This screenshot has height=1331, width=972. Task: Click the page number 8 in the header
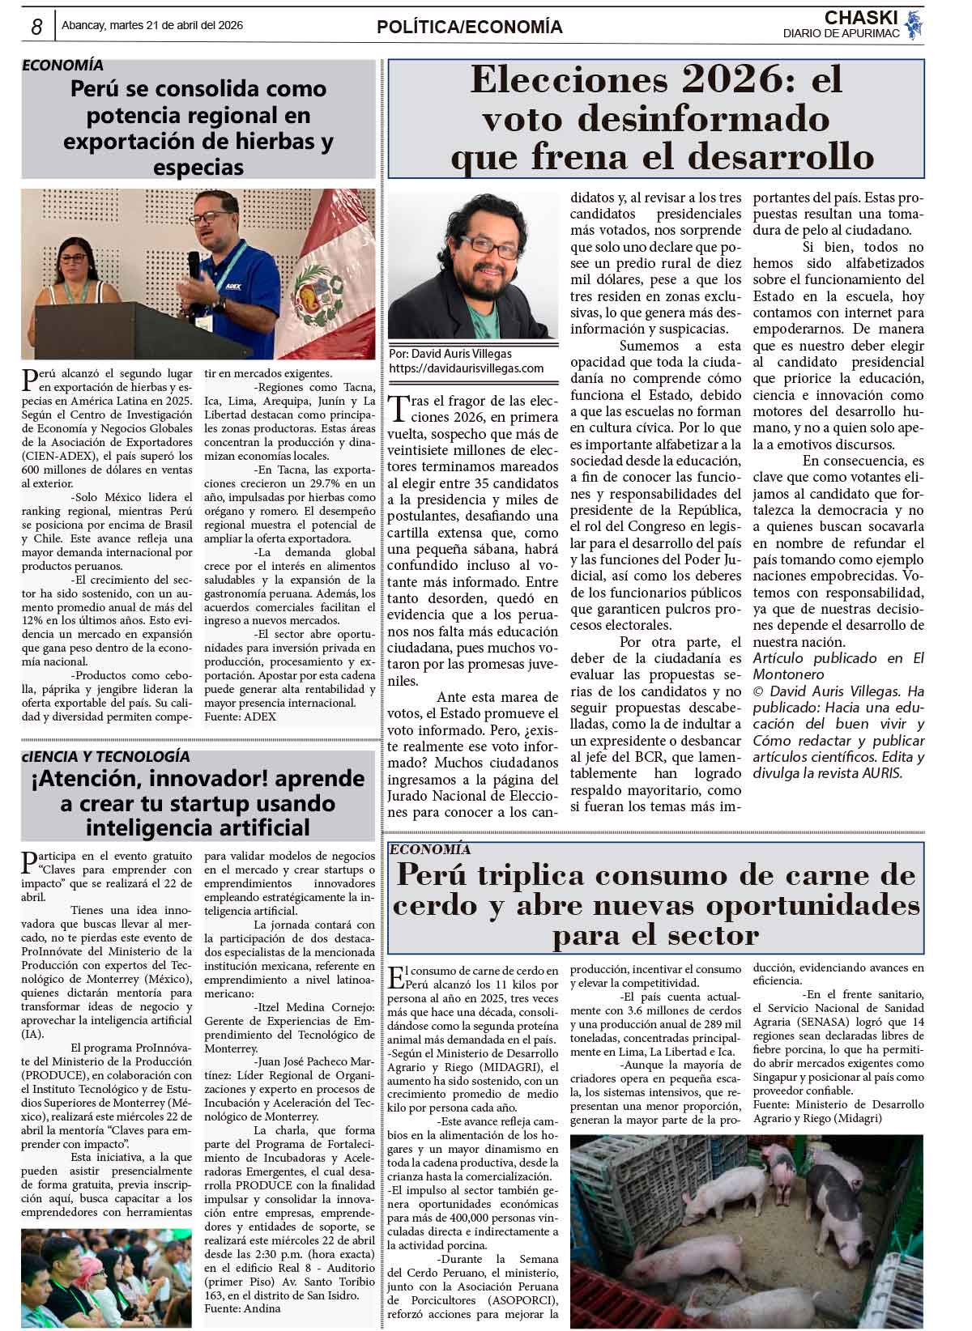(x=36, y=27)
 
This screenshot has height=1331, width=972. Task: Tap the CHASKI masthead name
(x=862, y=18)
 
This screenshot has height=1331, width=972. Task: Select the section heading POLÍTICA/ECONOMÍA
(x=469, y=28)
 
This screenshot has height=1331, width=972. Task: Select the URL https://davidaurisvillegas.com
(x=466, y=368)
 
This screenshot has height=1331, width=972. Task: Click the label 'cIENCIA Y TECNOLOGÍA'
(x=106, y=756)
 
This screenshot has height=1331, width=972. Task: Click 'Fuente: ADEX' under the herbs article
(x=240, y=717)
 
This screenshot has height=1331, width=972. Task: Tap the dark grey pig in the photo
(x=837, y=1190)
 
